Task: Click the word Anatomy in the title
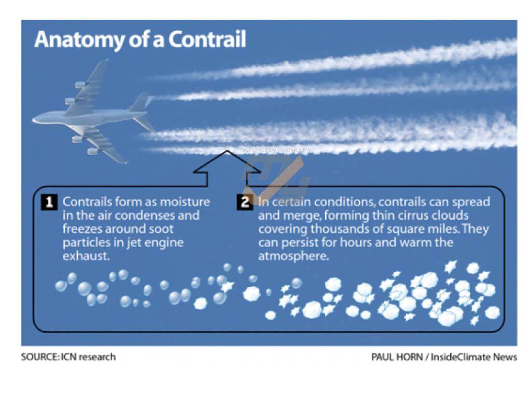coord(79,40)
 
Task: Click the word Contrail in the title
coord(207,39)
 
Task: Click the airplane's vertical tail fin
coord(140,102)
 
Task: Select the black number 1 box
coord(49,202)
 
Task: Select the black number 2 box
coord(245,202)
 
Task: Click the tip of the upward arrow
coord(227,151)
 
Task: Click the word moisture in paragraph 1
coord(185,202)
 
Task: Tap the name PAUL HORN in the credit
coord(397,357)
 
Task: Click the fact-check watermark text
coord(275,150)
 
